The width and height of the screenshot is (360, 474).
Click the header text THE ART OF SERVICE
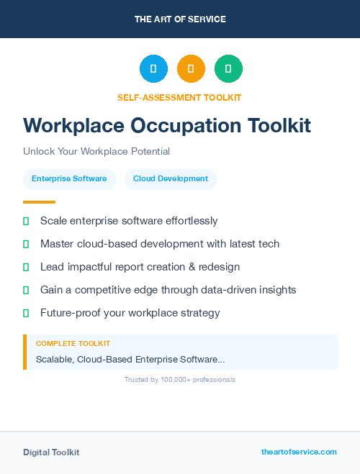[180, 19]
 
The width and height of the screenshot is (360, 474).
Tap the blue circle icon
[153, 69]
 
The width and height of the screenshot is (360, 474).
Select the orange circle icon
[191, 69]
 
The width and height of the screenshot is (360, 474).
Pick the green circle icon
[228, 69]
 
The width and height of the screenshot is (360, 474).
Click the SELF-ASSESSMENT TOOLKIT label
[179, 97]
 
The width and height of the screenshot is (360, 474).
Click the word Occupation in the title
[185, 126]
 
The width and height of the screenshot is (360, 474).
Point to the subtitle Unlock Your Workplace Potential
[96, 152]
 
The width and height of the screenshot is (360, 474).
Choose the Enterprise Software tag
[69, 179]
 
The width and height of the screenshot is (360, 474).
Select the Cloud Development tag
[171, 179]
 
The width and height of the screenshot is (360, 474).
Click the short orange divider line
[39, 202]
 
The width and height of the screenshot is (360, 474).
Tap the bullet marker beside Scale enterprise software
[26, 221]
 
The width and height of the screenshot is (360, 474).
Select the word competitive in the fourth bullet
[103, 290]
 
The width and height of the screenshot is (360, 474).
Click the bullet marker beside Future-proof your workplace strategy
[26, 313]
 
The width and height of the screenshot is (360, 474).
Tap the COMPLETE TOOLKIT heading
[73, 344]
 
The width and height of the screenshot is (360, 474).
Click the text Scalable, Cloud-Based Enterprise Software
[130, 359]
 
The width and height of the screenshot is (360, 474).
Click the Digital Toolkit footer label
[51, 452]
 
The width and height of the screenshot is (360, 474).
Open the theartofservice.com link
[299, 452]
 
